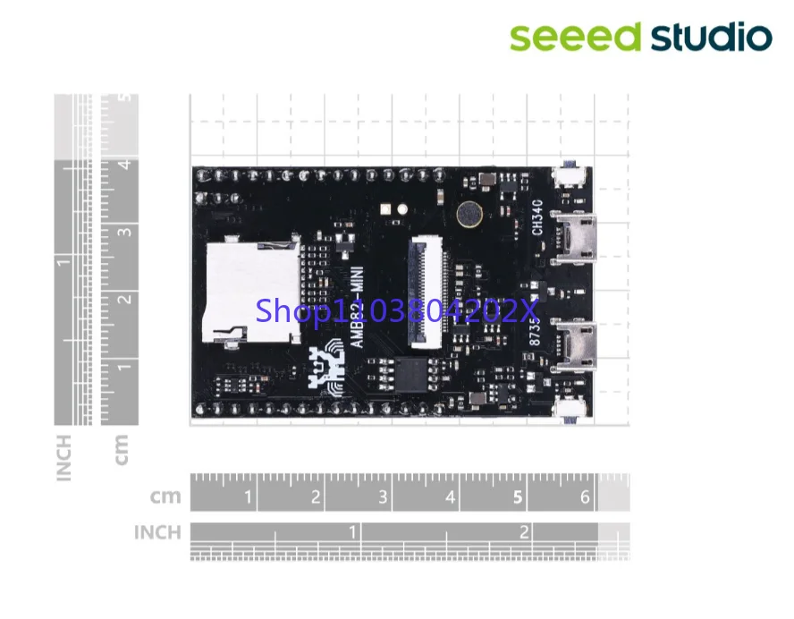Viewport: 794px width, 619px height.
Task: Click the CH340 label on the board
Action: [537, 216]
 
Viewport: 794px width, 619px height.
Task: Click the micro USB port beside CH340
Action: [574, 239]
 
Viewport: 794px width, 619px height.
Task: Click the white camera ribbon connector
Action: [427, 292]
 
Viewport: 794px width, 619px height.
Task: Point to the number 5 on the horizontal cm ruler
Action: [519, 497]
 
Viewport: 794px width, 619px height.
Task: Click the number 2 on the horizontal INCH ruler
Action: [524, 532]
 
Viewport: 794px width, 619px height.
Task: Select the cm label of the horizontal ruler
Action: [165, 497]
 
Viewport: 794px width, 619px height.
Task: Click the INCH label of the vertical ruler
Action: [64, 457]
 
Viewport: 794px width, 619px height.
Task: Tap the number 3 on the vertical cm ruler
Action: [127, 231]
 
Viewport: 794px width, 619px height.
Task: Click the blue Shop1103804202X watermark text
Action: [398, 310]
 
